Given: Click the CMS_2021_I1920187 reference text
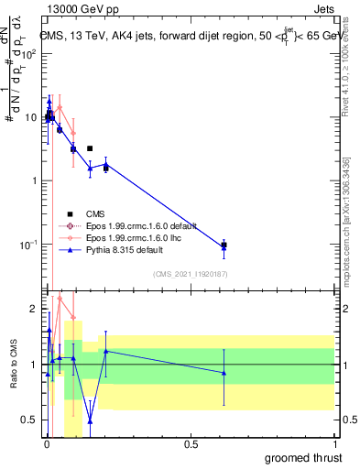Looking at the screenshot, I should tap(190, 273).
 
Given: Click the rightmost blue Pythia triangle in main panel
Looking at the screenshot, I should tap(224, 245).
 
